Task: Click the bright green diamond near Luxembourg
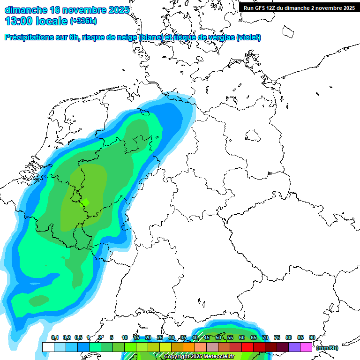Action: tap(85, 202)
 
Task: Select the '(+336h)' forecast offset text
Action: tap(83, 21)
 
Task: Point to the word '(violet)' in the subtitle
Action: tap(248, 37)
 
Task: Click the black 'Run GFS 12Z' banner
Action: tap(299, 7)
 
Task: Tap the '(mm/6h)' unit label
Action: tap(327, 348)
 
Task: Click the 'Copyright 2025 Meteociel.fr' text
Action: tap(199, 357)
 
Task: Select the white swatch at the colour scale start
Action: tap(48, 347)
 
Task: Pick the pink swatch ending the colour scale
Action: tap(306, 347)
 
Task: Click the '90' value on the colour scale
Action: tap(312, 338)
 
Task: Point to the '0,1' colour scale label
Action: tap(55, 338)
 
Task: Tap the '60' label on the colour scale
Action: tap(242, 338)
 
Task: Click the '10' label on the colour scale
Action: tap(125, 338)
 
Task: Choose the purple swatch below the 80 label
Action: tap(294, 347)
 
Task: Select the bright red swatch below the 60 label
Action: tap(247, 347)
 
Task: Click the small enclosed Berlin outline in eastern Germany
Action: tap(253, 136)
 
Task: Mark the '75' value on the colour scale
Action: tap(277, 338)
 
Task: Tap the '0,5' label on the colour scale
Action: tap(78, 338)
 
